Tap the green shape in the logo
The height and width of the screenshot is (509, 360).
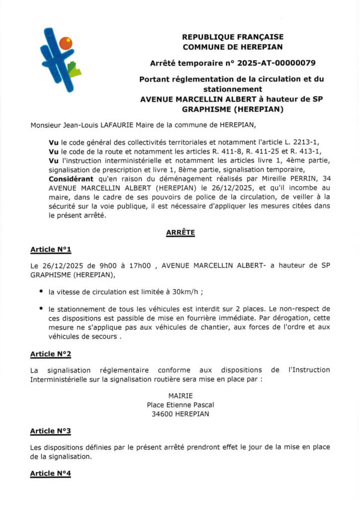click(74, 70)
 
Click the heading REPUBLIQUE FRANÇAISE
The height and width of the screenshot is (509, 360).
click(232, 37)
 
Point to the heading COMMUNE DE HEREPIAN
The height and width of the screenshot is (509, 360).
click(232, 47)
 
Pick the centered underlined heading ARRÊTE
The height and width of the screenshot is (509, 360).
click(180, 232)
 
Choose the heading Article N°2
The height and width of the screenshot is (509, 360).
click(51, 353)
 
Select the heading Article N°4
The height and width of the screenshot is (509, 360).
click(51, 473)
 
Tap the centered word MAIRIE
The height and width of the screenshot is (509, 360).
click(180, 396)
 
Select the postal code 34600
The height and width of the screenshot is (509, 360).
click(163, 414)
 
